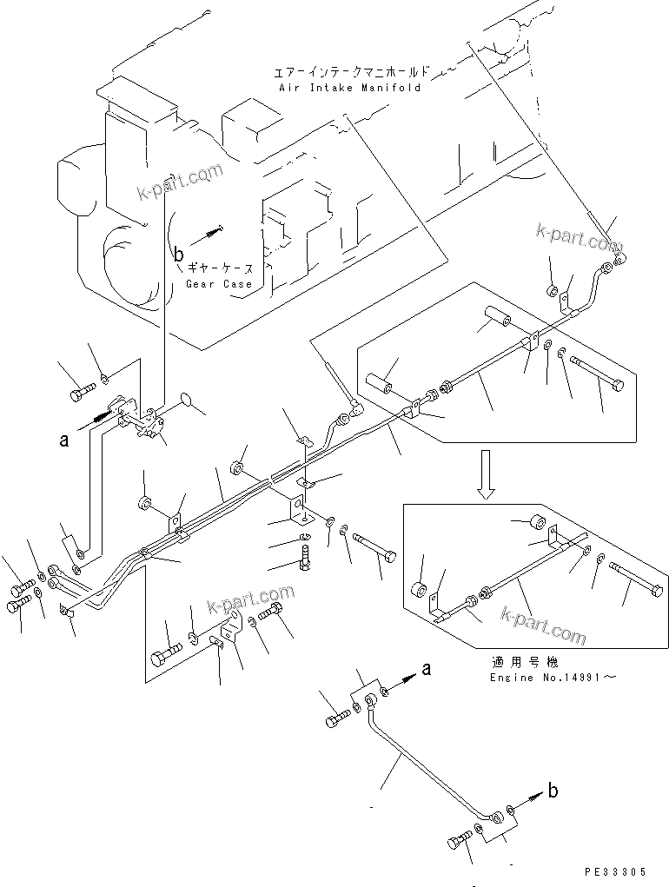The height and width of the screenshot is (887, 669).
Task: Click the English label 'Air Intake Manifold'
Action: coord(349,88)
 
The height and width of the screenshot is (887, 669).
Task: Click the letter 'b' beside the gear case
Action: coord(178,255)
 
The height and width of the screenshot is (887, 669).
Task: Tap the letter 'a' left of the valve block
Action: coord(63,440)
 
